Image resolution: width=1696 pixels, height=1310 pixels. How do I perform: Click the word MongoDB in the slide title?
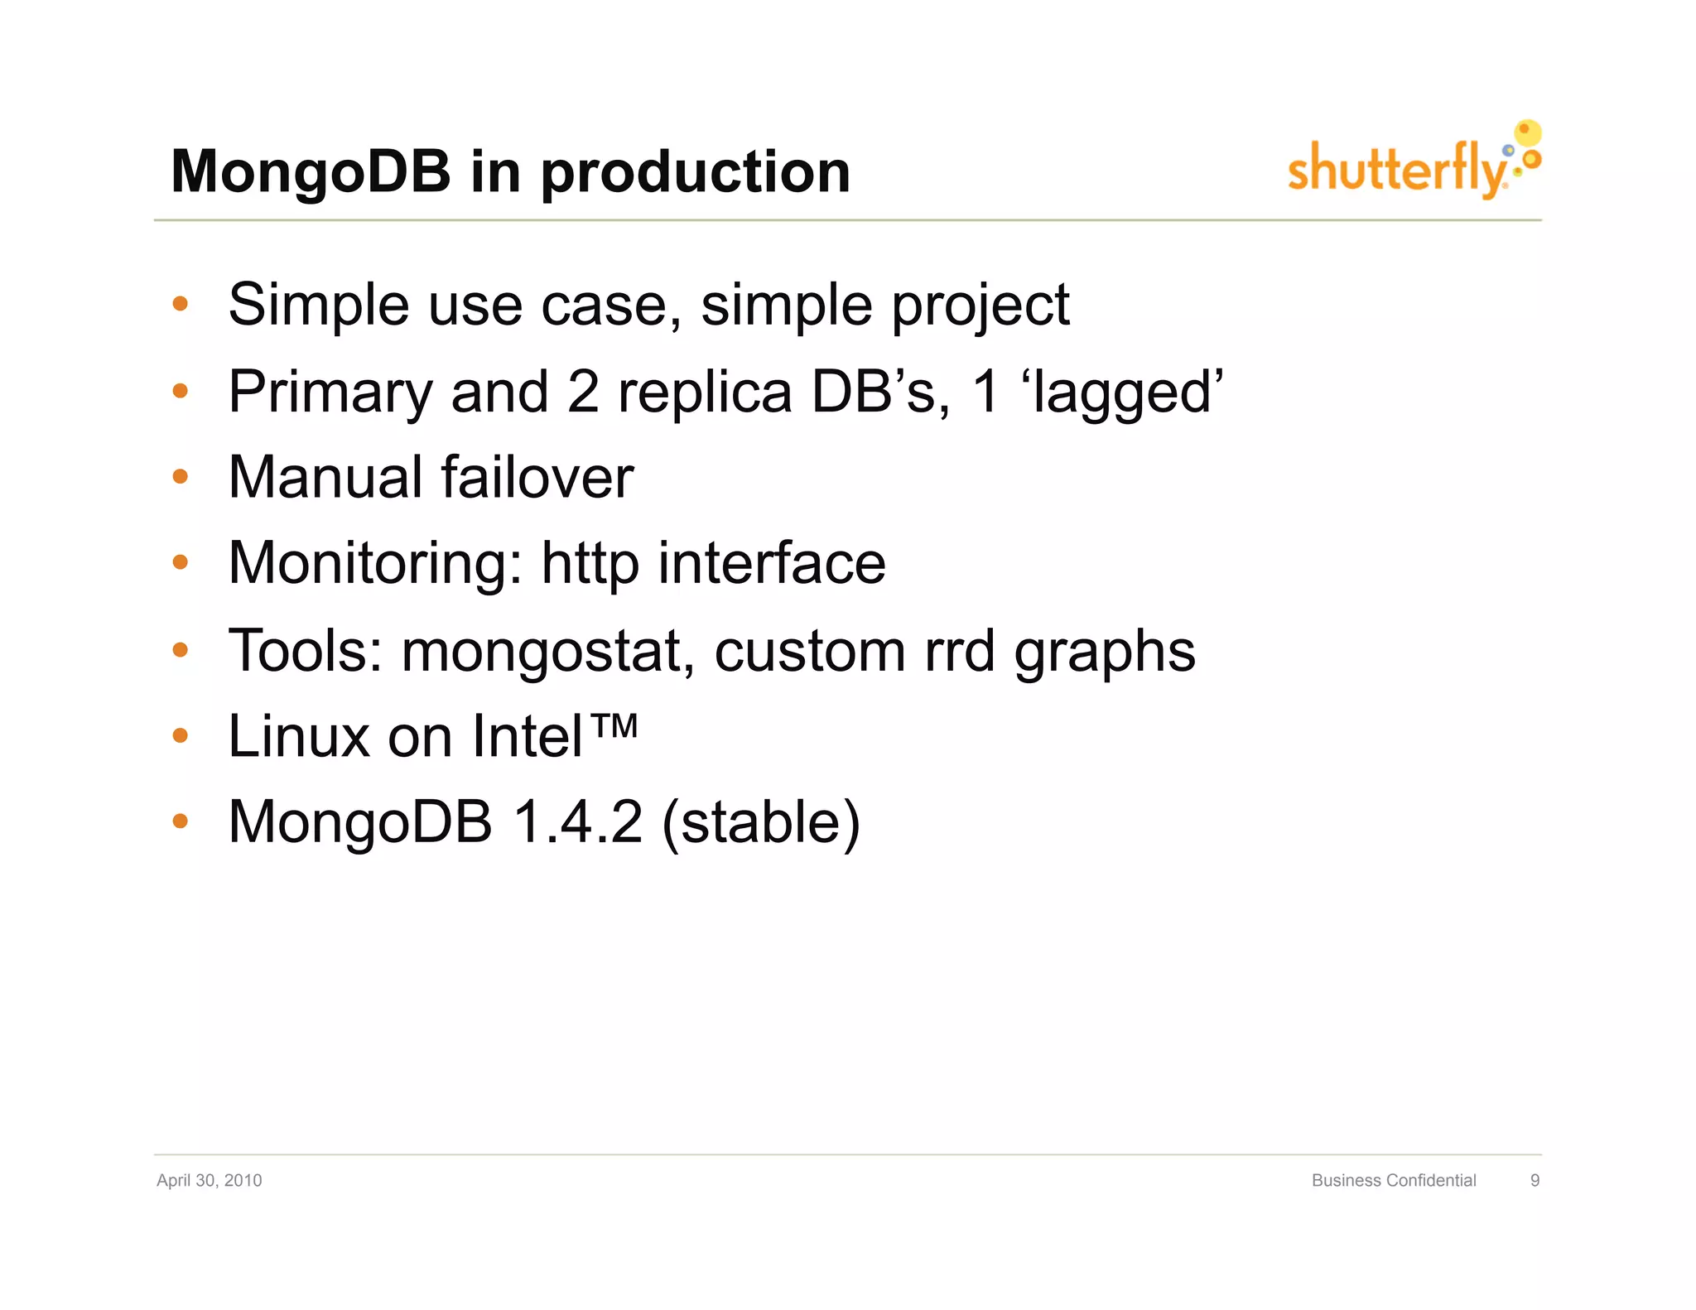click(310, 172)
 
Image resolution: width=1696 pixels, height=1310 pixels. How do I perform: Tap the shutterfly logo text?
click(1396, 169)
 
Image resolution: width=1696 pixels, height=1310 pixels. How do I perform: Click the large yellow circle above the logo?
click(1527, 132)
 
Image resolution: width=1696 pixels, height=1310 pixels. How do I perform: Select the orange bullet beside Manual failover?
click(181, 477)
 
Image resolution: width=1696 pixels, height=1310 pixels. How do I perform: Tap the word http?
click(590, 564)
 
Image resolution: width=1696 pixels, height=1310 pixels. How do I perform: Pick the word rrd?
click(959, 651)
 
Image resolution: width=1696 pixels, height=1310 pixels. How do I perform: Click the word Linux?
click(298, 736)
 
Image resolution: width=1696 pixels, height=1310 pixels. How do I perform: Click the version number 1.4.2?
click(577, 822)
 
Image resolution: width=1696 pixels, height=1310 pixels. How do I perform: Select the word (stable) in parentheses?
click(761, 822)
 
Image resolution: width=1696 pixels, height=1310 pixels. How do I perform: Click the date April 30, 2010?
click(209, 1180)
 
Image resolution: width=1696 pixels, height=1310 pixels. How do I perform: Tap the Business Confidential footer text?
click(1393, 1180)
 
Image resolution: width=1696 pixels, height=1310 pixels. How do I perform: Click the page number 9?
click(1535, 1180)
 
